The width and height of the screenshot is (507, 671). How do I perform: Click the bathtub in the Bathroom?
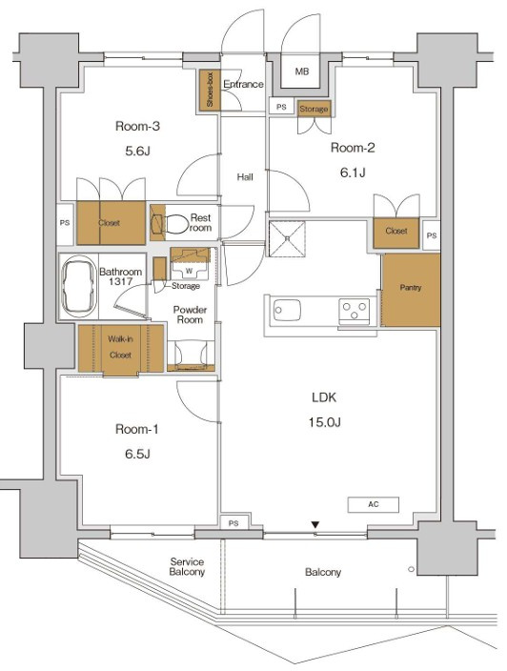[x=79, y=286]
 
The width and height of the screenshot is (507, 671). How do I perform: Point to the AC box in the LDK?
[x=373, y=504]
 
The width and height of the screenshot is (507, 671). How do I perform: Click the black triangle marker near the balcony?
[x=315, y=524]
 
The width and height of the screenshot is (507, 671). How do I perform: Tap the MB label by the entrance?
[x=302, y=71]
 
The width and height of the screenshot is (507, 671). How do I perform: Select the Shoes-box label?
[x=210, y=90]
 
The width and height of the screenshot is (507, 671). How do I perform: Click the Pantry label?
[x=411, y=288]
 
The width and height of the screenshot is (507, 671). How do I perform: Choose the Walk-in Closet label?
[x=120, y=347]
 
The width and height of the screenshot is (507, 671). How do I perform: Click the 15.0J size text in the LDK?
[x=325, y=422]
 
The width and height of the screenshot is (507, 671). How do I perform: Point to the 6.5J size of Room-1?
[x=137, y=454]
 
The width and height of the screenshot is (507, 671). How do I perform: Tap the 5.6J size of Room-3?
[x=137, y=151]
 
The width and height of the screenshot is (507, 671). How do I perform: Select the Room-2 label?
[x=353, y=148]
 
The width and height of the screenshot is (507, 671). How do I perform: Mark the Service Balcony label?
[x=187, y=566]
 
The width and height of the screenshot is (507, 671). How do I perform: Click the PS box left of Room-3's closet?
[x=65, y=223]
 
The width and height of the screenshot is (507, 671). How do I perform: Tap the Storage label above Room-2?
[x=314, y=109]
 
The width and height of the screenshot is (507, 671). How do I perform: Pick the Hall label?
[x=245, y=176]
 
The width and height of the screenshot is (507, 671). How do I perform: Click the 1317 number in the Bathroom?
[x=121, y=281]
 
